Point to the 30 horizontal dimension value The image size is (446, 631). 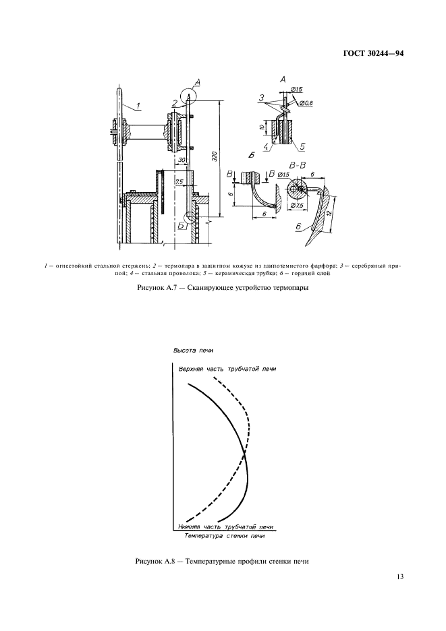pos(182,160)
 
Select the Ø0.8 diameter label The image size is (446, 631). pos(306,102)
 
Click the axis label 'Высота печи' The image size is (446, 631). pos(193,351)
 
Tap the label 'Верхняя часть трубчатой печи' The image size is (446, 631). pos(227,369)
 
